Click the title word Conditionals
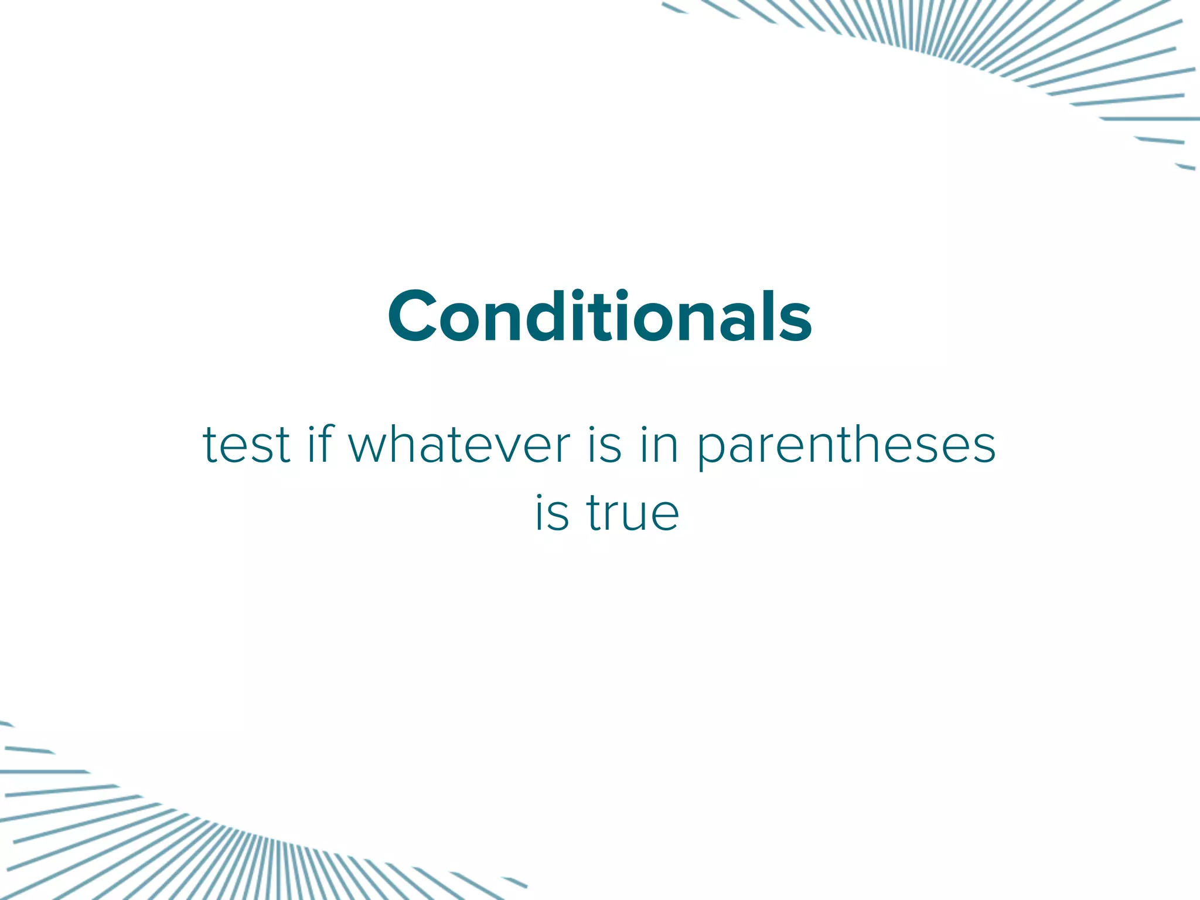click(599, 316)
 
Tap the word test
click(246, 445)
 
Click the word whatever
click(459, 445)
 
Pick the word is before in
click(604, 445)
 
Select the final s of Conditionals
click(796, 324)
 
